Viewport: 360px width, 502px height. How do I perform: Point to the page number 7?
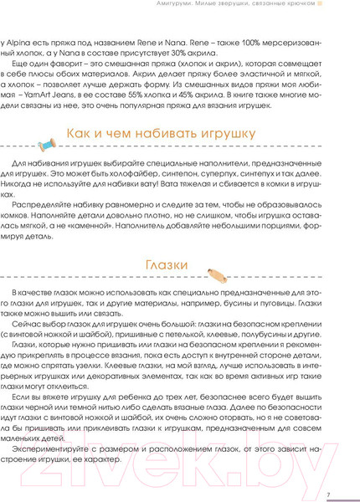(x=328, y=494)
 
